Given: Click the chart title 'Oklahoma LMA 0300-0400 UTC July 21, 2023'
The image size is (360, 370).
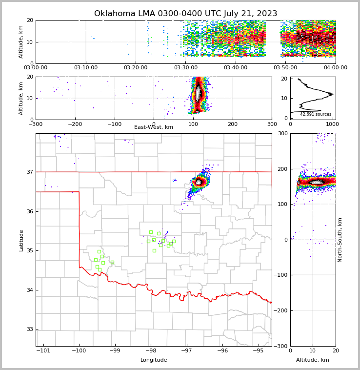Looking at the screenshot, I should point(185,14).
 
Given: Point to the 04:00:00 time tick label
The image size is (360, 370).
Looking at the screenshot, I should point(335,68).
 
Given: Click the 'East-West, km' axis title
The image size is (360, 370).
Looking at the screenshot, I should point(154,127).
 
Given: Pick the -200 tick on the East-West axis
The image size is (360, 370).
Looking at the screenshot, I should point(75,124).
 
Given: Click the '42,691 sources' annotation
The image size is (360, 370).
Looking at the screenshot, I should point(316,114).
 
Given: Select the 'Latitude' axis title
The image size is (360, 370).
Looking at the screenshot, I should point(21,240).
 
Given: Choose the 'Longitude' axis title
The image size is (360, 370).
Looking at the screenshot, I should point(154,360).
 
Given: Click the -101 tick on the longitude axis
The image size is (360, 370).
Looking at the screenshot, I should point(43,351).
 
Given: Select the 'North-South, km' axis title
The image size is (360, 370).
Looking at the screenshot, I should point(340,240).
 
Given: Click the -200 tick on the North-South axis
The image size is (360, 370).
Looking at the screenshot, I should point(282,310).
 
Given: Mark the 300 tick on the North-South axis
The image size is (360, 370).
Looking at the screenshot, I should point(283,133).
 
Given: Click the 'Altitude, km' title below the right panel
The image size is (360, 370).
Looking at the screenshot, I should point(313,360).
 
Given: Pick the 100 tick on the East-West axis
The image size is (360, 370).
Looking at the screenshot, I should point(193,124).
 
